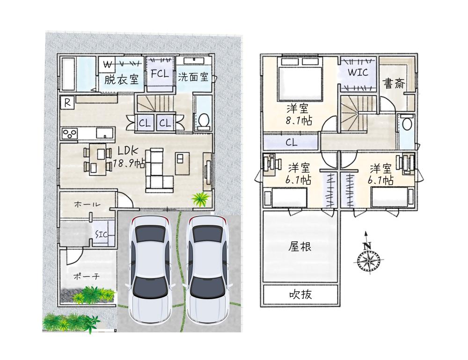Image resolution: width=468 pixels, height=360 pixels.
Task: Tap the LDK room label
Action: pyautogui.click(x=128, y=151)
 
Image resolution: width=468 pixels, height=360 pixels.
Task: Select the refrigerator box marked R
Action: pyautogui.click(x=67, y=102)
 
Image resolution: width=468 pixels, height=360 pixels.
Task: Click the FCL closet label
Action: pyautogui.click(x=160, y=73)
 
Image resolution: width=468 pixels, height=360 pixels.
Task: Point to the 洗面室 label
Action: pyautogui.click(x=193, y=77)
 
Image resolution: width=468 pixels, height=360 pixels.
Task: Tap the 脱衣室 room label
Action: pyautogui.click(x=121, y=79)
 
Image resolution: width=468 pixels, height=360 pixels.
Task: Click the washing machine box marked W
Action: pyautogui.click(x=108, y=64)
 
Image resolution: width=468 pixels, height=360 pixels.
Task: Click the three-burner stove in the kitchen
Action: pyautogui.click(x=70, y=133)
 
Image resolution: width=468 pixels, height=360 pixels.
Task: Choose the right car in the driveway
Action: pyautogui.click(x=207, y=270)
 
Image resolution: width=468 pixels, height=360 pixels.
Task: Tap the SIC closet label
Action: pyautogui.click(x=101, y=234)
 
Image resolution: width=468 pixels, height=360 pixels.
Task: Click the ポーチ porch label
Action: pyautogui.click(x=86, y=276)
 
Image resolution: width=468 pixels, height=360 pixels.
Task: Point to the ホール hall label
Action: pyautogui.click(x=87, y=205)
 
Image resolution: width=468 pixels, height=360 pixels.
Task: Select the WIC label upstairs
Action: pyautogui.click(x=358, y=72)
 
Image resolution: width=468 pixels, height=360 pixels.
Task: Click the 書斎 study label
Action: pyautogui.click(x=394, y=83)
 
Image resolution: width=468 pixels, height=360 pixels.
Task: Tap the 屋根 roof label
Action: pyautogui.click(x=300, y=247)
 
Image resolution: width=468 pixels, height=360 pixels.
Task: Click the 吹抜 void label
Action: pyautogui.click(x=300, y=295)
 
